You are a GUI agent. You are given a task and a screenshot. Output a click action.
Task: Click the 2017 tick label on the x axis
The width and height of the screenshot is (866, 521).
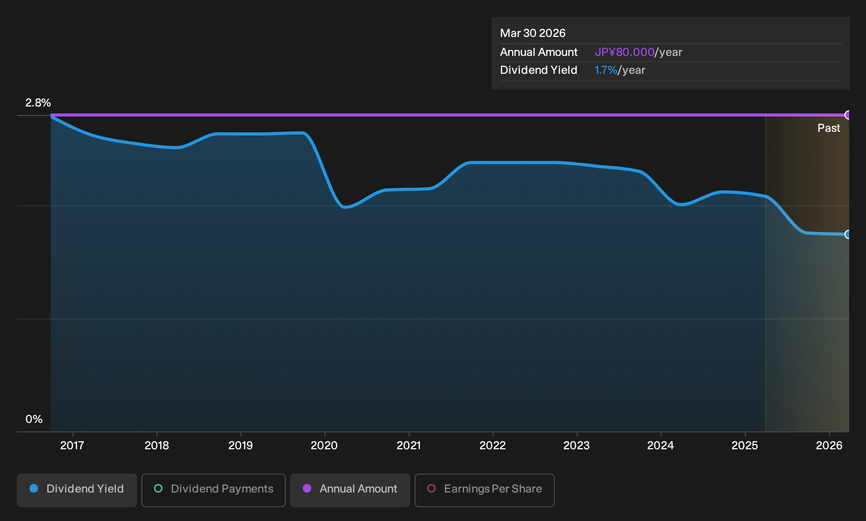72,446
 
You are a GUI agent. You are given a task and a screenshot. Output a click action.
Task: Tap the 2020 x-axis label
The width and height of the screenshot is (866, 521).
324,446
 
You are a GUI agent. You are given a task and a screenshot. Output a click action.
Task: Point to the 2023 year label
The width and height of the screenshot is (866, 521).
576,446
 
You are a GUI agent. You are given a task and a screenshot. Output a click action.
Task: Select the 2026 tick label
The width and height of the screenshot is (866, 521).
829,446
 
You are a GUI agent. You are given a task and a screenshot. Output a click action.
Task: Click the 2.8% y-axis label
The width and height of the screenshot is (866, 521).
38,103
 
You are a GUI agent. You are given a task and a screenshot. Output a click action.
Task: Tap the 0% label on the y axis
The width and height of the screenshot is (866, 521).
34,419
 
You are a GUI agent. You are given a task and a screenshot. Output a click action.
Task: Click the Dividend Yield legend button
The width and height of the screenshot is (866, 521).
77,490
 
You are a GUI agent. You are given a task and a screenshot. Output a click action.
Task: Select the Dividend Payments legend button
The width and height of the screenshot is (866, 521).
214,490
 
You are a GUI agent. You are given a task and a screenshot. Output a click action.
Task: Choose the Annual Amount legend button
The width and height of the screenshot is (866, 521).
350,490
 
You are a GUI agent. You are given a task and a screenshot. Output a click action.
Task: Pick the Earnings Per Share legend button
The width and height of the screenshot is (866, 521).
484,490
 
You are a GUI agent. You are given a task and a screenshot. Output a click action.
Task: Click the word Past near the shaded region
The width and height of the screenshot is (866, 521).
829,128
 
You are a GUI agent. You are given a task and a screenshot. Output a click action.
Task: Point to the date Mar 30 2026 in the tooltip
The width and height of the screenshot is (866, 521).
533,33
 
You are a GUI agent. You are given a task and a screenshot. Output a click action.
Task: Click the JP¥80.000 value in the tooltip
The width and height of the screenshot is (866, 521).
624,52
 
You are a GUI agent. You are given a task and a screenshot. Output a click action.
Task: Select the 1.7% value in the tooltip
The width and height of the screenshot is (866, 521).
606,70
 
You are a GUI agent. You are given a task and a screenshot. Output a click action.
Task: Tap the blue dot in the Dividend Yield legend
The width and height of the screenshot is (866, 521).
34,488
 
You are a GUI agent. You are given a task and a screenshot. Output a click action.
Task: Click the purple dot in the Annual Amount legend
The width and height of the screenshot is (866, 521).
307,488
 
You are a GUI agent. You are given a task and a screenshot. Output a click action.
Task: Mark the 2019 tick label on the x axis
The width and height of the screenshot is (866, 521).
240,446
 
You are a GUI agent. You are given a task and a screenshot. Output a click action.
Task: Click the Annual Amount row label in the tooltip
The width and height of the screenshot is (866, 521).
538,52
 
